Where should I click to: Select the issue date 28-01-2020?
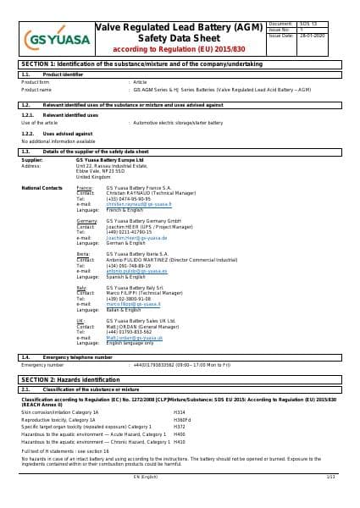pyautogui.click(x=326, y=36)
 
